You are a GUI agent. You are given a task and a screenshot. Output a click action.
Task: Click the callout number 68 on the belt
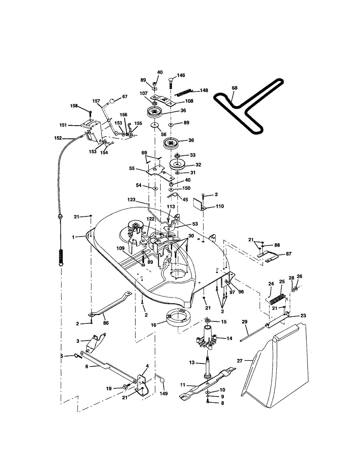[234, 88]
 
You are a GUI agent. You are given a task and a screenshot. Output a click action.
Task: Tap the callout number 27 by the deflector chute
[240, 361]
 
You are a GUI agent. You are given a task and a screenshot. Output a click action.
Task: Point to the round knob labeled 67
[112, 101]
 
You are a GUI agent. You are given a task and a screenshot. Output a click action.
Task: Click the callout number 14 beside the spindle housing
[229, 339]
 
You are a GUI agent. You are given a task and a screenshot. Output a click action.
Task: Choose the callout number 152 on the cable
[58, 138]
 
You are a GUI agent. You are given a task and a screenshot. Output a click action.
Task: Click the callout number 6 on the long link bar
[86, 366]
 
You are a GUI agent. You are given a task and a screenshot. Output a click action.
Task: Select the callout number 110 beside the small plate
[220, 206]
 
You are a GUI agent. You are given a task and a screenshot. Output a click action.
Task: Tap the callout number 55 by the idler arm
[132, 168]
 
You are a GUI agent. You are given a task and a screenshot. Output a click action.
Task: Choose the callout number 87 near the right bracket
[288, 254]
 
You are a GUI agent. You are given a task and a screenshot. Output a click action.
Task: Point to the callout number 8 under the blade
[223, 403]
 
